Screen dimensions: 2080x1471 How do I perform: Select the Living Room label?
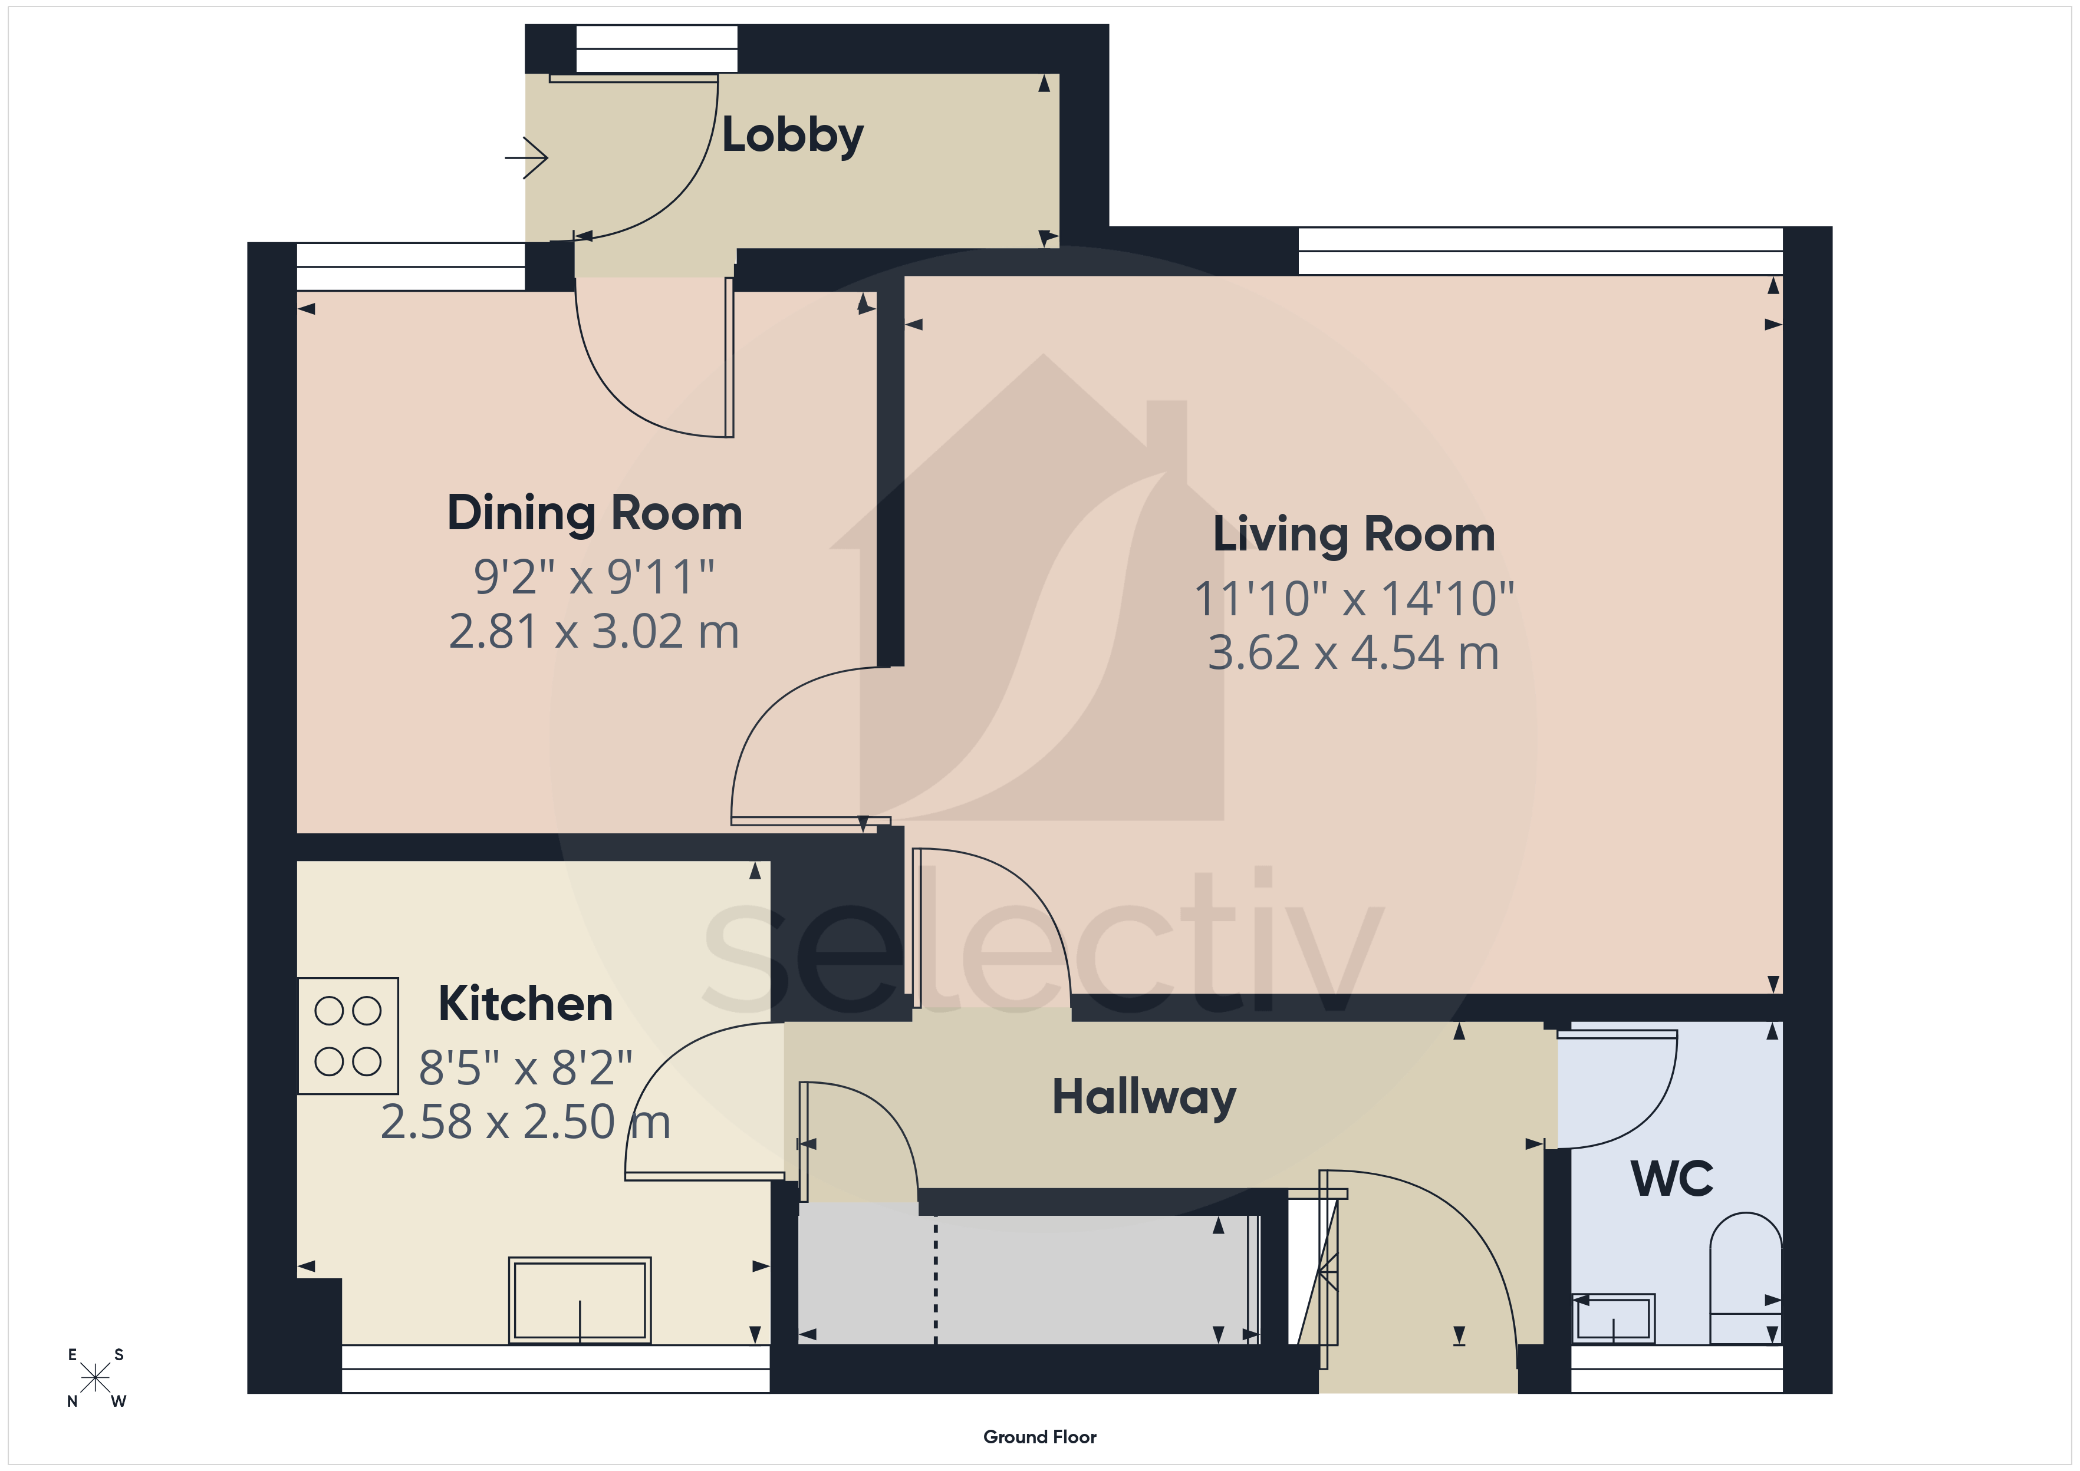point(1354,535)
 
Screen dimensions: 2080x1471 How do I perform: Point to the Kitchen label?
point(525,1004)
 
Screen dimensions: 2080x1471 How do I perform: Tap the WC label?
point(1673,1179)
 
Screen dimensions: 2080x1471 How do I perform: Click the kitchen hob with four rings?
point(348,1035)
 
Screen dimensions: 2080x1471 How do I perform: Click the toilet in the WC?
point(1745,1277)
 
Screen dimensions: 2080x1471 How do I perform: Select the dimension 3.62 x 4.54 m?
point(1354,653)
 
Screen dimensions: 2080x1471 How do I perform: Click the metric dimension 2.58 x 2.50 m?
point(525,1122)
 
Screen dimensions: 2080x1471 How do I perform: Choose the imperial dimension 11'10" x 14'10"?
point(1354,599)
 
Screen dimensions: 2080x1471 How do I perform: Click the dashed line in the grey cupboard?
point(936,1279)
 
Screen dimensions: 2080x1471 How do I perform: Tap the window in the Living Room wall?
point(1540,251)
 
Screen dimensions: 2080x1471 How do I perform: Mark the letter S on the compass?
point(119,1355)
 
